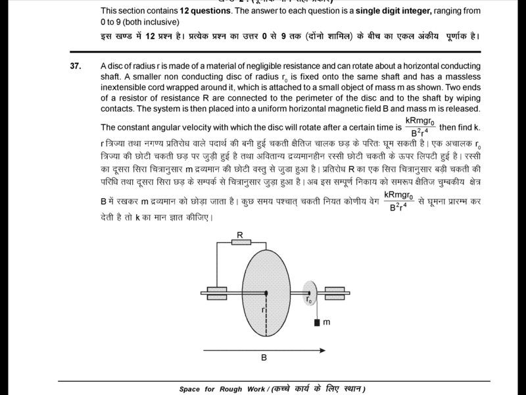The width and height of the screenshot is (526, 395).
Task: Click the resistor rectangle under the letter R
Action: (241, 242)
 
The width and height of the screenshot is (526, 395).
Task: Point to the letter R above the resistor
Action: (240, 234)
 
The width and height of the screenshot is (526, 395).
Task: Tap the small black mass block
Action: (317, 323)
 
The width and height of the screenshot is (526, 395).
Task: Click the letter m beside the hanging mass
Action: (327, 323)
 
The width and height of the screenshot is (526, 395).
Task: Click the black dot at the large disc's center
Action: (266, 292)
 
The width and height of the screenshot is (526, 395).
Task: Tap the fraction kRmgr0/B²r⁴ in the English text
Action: (420, 126)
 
